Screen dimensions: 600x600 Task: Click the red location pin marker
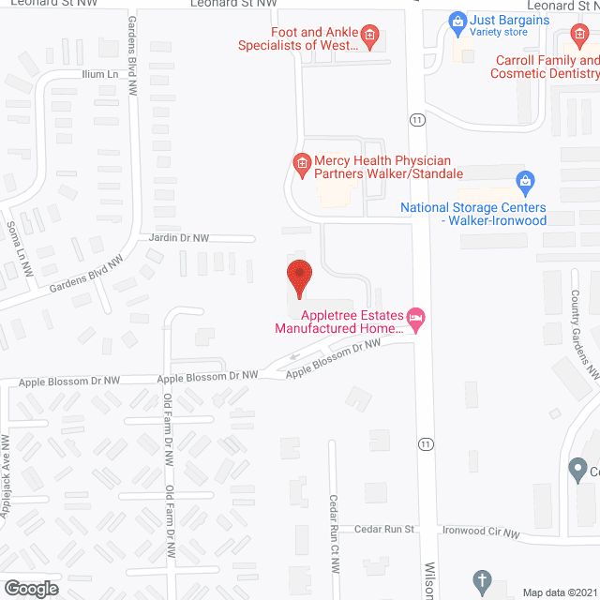pyautogui.click(x=299, y=277)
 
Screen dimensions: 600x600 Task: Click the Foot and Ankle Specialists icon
pyautogui.click(x=369, y=37)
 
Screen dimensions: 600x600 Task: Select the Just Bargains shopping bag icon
pyautogui.click(x=457, y=20)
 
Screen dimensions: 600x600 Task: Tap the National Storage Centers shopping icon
pyautogui.click(x=525, y=180)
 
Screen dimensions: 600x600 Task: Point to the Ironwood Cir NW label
pyautogui.click(x=481, y=532)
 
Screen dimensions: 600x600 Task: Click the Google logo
pyautogui.click(x=31, y=588)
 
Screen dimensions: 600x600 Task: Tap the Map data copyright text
pyautogui.click(x=560, y=592)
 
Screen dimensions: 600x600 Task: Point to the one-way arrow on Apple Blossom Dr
pyautogui.click(x=295, y=355)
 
